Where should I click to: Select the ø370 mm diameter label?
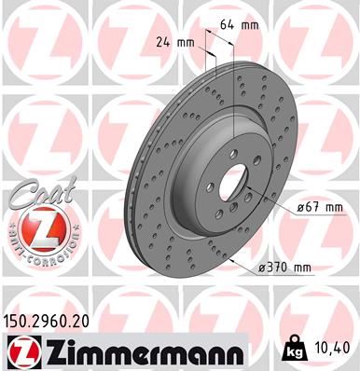pyautogui.click(x=285, y=268)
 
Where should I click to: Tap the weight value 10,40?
pyautogui.click(x=331, y=347)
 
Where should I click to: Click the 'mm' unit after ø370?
pyautogui.click(x=302, y=268)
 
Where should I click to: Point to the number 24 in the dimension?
pyautogui.click(x=164, y=42)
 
